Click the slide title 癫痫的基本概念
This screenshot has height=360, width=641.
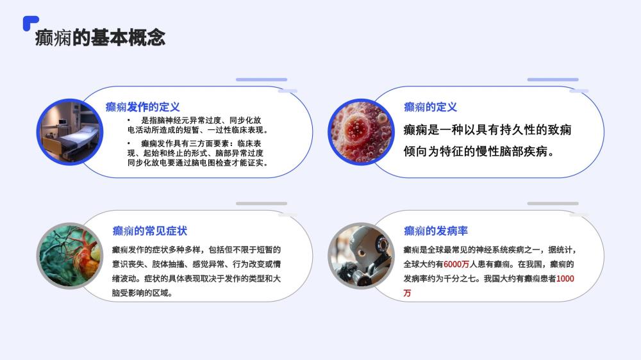(x=100, y=38)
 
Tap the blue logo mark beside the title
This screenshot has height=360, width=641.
(x=30, y=22)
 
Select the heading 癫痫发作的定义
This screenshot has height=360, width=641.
(x=143, y=107)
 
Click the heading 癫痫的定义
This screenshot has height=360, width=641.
(x=430, y=107)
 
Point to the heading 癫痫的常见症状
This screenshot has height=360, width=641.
(x=149, y=231)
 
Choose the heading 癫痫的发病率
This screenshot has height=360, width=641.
(x=435, y=231)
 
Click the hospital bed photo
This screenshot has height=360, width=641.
(x=70, y=132)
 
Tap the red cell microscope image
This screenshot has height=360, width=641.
(x=361, y=132)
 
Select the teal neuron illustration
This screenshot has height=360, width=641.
(x=70, y=256)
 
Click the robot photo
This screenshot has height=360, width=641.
(x=361, y=256)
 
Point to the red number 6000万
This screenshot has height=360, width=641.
(x=456, y=265)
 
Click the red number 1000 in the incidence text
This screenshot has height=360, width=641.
(x=565, y=279)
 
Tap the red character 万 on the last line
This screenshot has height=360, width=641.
(x=407, y=293)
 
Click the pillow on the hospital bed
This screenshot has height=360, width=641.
(x=87, y=129)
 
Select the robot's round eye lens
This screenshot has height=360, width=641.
(x=383, y=244)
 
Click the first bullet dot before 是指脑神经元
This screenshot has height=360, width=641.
(x=128, y=120)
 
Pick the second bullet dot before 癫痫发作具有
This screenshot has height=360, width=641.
(x=128, y=143)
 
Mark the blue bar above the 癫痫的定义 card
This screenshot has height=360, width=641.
(x=553, y=79)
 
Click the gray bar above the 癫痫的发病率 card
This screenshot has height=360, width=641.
(x=553, y=203)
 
